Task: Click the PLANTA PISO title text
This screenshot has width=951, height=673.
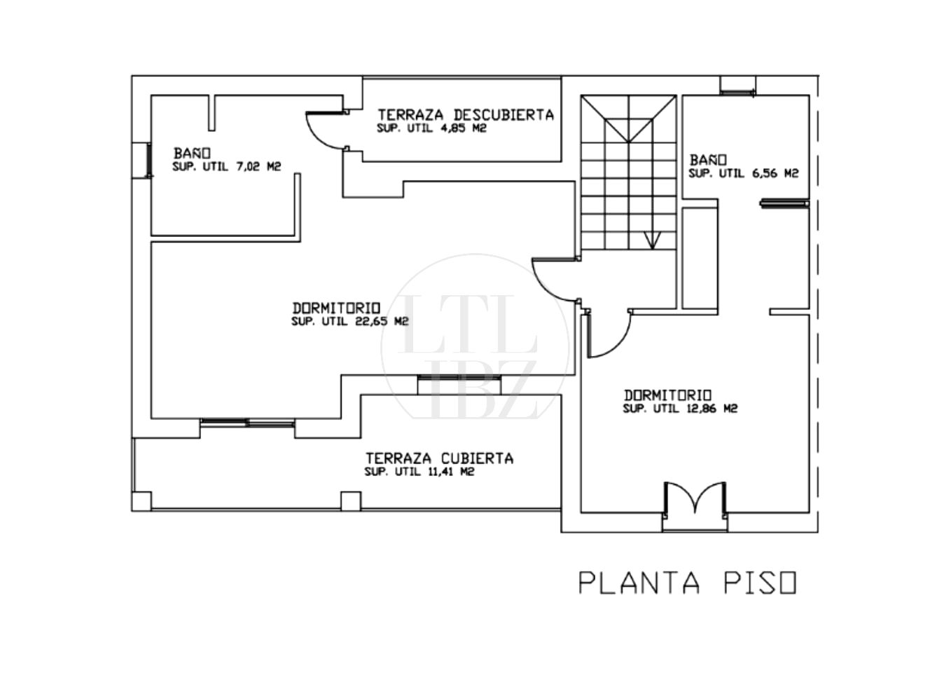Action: coord(688,583)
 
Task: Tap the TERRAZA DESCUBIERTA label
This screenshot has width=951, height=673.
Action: coord(466,115)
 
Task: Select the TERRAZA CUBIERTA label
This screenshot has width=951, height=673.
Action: coord(439,458)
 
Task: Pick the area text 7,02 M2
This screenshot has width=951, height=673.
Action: coord(258,167)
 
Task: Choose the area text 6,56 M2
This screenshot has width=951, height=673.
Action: coord(775,173)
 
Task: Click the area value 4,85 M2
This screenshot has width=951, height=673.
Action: coord(463,128)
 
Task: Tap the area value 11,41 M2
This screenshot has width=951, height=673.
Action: coord(451,472)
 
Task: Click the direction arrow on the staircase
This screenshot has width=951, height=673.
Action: coord(652,240)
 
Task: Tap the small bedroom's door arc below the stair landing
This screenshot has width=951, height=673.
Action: coord(620,344)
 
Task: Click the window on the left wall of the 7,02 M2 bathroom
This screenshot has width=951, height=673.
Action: coord(149,160)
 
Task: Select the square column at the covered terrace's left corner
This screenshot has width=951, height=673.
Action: coord(141,501)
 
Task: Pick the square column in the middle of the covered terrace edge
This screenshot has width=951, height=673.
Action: coord(351,501)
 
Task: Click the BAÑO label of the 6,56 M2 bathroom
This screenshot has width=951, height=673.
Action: coord(708,160)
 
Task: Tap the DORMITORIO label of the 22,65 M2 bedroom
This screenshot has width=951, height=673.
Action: coord(336,308)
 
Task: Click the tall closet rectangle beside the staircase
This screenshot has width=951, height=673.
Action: coord(700,258)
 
